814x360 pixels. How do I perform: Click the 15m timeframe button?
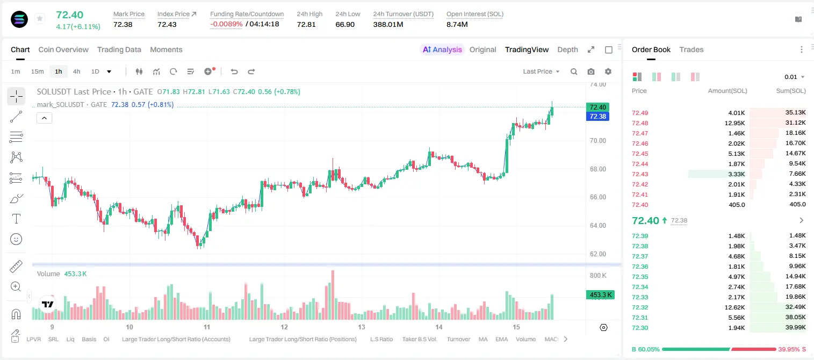point(38,71)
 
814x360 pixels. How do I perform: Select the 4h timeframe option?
point(76,71)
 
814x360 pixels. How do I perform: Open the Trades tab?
point(691,49)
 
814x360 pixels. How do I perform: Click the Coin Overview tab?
point(63,49)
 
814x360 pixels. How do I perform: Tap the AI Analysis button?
point(442,49)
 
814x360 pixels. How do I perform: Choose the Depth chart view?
point(567,49)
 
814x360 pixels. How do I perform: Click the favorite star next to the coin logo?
point(40,18)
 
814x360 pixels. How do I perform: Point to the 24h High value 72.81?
point(306,24)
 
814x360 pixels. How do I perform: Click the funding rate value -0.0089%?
point(226,24)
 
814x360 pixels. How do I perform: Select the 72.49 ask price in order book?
point(640,113)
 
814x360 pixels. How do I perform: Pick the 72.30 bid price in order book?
point(640,328)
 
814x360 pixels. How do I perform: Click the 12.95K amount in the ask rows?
point(734,123)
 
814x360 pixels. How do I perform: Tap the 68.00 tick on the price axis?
point(598,169)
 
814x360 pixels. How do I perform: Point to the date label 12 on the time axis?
point(284,327)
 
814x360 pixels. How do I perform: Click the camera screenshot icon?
point(591,71)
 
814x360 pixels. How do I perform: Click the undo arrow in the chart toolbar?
point(234,71)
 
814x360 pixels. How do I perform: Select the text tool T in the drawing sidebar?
point(16,219)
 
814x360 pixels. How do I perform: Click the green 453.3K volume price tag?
point(600,294)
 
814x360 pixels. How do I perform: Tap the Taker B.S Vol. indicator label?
point(419,339)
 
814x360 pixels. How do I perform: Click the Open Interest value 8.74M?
point(457,24)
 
